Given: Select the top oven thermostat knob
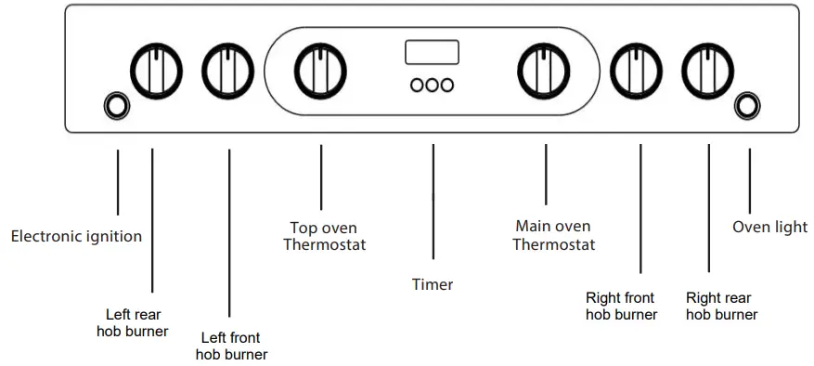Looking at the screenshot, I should tap(320, 70).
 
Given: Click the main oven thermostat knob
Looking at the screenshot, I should tap(543, 70).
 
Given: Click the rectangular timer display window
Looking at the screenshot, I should tap(432, 52).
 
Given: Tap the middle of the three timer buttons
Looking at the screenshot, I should tap(433, 85).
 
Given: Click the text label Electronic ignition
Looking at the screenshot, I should tap(76, 237).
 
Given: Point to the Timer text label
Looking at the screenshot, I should tap(433, 284).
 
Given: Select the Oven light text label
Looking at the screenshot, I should tap(769, 227).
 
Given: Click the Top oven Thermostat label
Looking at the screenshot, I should tap(324, 237).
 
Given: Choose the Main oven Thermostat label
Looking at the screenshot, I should tap(553, 235).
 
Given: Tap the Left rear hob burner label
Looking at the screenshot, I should tap(133, 322).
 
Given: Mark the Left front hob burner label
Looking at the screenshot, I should tap(231, 346).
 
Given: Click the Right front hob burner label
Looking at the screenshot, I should tap(621, 307).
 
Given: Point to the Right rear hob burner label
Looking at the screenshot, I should tap(721, 307).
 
